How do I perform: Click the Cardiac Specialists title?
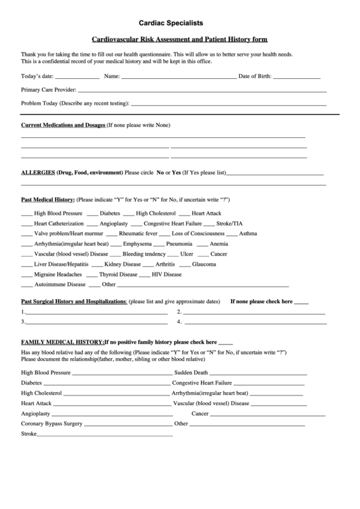(179, 23)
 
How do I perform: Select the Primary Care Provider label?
(48, 90)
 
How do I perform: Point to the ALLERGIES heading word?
(38, 173)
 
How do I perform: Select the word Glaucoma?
(204, 264)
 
